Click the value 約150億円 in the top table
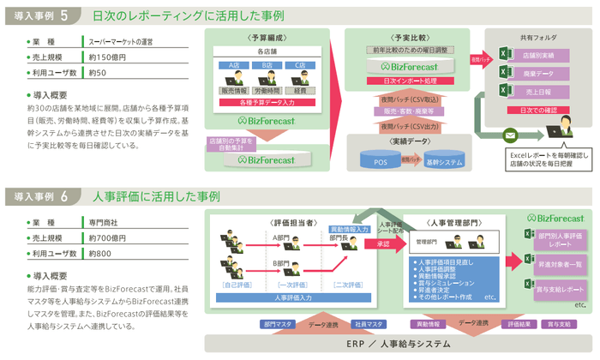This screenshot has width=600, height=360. [x=105, y=57]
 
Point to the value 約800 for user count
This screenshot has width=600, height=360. [x=100, y=254]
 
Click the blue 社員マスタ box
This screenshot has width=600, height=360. [x=369, y=324]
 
